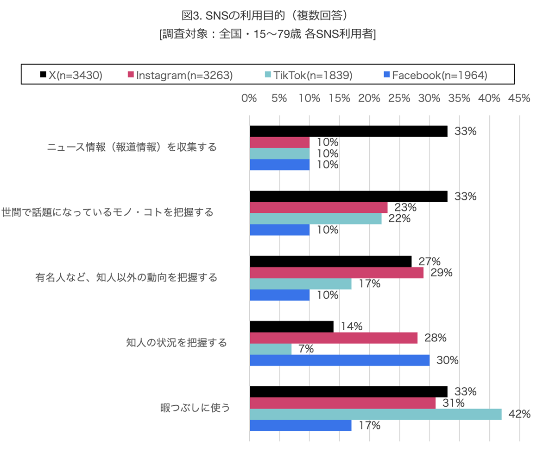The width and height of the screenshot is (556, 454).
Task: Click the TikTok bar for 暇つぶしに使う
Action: [x=375, y=414]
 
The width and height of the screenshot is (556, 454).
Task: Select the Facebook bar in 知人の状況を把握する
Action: [x=340, y=360]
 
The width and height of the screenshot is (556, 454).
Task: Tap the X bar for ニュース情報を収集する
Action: [x=348, y=131]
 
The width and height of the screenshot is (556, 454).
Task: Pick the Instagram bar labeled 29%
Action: [x=336, y=273]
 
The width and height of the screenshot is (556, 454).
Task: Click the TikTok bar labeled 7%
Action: [x=271, y=349]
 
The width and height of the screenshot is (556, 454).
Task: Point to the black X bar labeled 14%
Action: [x=291, y=326]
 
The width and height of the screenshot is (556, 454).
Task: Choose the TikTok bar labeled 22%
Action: [x=316, y=218]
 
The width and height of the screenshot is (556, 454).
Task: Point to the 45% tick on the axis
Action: [x=519, y=98]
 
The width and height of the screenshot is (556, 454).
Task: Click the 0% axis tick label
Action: [x=249, y=98]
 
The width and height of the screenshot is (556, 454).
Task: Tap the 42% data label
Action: [x=519, y=414]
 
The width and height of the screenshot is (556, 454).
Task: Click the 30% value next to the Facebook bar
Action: [x=447, y=360]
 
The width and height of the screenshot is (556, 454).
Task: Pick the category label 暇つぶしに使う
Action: [x=195, y=408]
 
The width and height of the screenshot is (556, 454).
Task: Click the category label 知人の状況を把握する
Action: [x=177, y=343]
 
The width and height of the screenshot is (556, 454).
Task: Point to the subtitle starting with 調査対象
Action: [x=266, y=35]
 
